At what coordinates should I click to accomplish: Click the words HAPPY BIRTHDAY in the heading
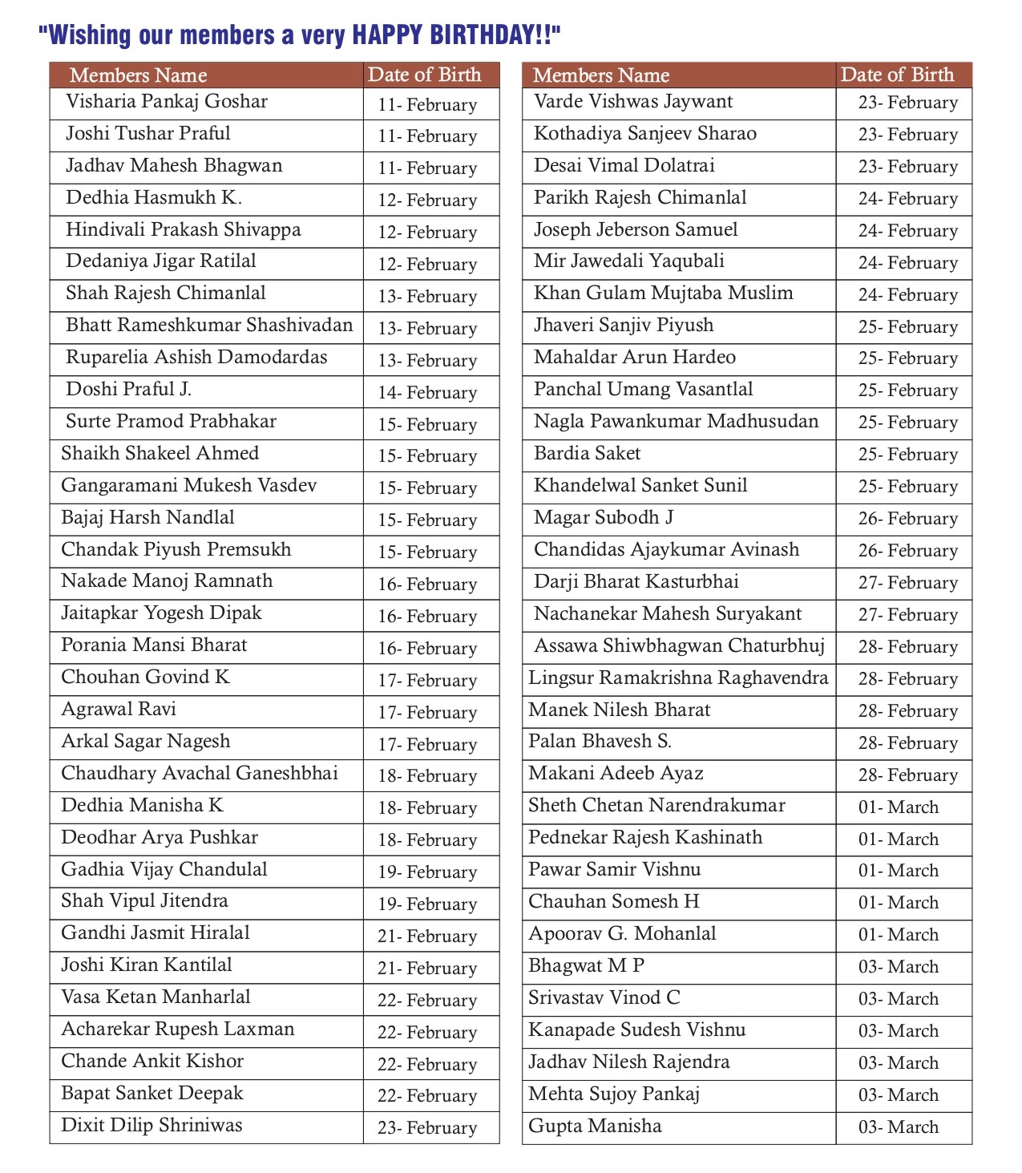(x=455, y=34)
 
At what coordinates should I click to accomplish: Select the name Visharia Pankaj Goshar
(x=166, y=102)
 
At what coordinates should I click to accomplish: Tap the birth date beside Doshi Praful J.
(x=427, y=393)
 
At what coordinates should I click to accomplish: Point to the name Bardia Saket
(x=587, y=454)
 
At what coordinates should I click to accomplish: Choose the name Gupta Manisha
(x=595, y=1126)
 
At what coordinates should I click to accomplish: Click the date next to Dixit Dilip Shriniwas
(x=427, y=1128)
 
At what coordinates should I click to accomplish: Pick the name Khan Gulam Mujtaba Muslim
(x=663, y=293)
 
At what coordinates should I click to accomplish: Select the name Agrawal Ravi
(x=119, y=710)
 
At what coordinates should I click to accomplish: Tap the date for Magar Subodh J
(x=907, y=519)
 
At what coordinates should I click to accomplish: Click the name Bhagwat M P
(x=586, y=966)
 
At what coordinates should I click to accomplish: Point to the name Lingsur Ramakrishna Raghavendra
(x=677, y=678)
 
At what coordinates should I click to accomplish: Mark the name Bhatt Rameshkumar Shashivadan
(x=209, y=326)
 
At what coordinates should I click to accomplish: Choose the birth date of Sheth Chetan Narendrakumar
(x=898, y=807)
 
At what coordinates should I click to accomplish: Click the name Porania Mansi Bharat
(x=154, y=645)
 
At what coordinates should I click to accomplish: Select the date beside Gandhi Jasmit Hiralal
(x=427, y=936)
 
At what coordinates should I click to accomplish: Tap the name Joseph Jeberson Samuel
(x=636, y=230)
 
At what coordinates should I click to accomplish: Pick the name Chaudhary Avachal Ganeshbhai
(x=200, y=774)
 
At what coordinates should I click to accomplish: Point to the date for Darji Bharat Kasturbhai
(x=907, y=583)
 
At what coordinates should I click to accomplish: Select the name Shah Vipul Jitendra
(x=144, y=901)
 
